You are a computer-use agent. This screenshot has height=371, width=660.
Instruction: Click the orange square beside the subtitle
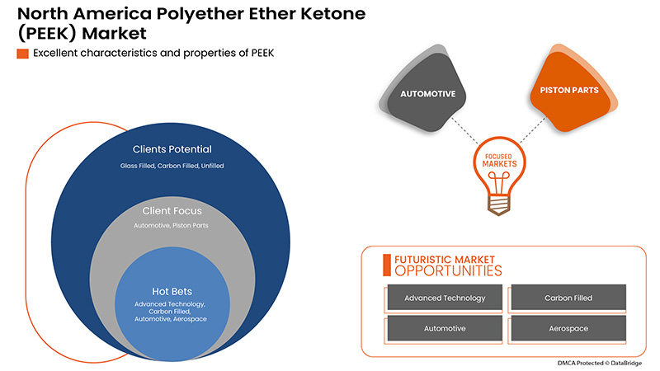point(22,54)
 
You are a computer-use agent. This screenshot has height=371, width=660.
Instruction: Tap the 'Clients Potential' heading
point(172,150)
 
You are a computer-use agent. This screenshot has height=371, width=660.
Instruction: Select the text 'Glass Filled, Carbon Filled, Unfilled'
point(172,166)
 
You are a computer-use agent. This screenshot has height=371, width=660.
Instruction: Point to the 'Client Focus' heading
point(172,211)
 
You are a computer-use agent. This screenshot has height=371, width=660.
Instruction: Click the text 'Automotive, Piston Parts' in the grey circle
point(172,224)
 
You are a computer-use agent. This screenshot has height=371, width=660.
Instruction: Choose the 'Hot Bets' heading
point(172,291)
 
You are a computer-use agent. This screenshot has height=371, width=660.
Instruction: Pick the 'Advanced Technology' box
point(445,298)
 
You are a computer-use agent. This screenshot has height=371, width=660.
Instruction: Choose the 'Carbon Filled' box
point(568,298)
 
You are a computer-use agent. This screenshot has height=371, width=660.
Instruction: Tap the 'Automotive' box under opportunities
point(445,328)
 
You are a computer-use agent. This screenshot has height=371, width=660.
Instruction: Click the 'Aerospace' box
point(568,328)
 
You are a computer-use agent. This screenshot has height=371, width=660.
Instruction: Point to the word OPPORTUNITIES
point(448,270)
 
